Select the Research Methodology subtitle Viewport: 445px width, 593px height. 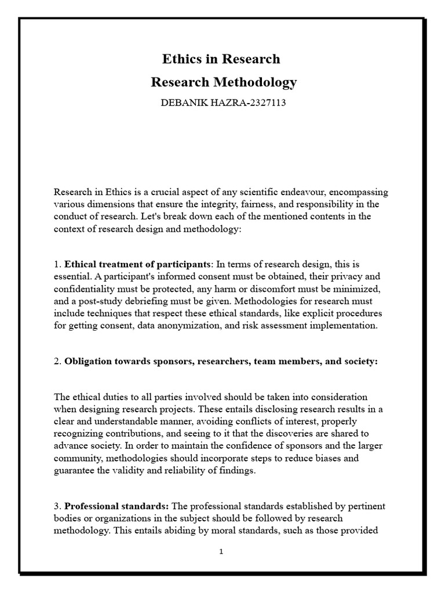[223, 82]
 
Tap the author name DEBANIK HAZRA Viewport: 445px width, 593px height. [195, 104]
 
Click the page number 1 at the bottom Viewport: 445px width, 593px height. [221, 552]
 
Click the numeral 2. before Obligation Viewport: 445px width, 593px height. [57, 361]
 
